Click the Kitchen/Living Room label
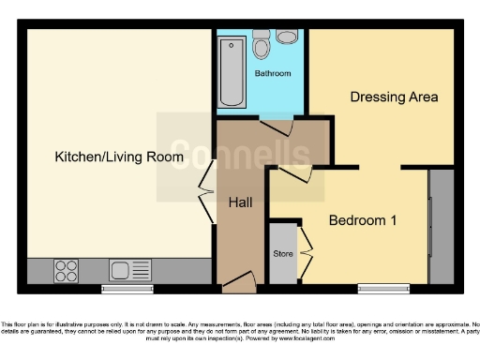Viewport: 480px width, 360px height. click(118, 157)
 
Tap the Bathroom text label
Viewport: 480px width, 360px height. click(273, 73)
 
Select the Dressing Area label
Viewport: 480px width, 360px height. click(394, 97)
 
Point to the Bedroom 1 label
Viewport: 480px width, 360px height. click(363, 220)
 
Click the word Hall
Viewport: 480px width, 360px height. click(241, 202)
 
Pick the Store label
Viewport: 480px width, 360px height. click(282, 253)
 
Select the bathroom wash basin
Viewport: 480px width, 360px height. click(286, 37)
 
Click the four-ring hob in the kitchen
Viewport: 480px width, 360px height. click(67, 271)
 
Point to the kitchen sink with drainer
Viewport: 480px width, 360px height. click(129, 271)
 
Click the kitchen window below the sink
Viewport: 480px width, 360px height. click(127, 289)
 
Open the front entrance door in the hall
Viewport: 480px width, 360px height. click(241, 278)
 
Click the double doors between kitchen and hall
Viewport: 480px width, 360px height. click(204, 199)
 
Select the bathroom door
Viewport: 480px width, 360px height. click(277, 127)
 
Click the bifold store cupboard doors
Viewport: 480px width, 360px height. click(306, 251)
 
